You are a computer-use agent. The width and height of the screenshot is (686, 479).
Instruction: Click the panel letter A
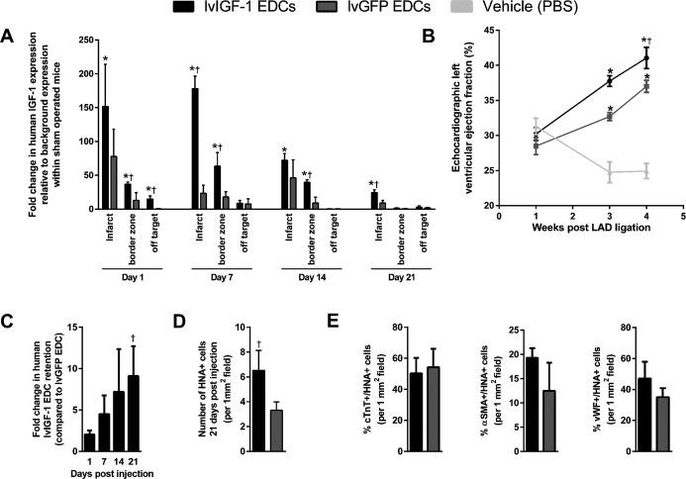tap(8, 38)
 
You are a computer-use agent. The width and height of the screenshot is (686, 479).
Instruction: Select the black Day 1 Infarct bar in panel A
tap(104, 158)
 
